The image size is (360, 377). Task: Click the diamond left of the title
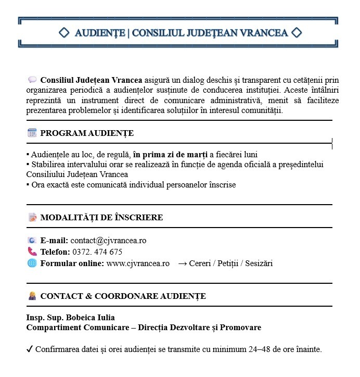click(64, 33)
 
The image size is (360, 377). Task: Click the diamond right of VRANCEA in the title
click(297, 33)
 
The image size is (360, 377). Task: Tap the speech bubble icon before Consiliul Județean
click(32, 80)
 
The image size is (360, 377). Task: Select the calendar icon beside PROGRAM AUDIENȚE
click(32, 133)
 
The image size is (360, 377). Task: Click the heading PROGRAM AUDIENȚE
click(87, 133)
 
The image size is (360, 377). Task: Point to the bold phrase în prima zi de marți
click(170, 155)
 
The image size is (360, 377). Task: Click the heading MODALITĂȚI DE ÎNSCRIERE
click(101, 218)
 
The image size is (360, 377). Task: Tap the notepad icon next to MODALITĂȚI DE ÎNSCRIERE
click(32, 217)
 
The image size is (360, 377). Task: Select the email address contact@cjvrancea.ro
click(108, 241)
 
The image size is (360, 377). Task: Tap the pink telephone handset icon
click(32, 252)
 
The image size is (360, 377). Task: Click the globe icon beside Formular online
click(32, 263)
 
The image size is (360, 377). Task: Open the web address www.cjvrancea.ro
click(138, 263)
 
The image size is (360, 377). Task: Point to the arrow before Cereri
click(183, 263)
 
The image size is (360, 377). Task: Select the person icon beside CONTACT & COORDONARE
click(32, 296)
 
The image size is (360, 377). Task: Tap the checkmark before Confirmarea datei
click(30, 349)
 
